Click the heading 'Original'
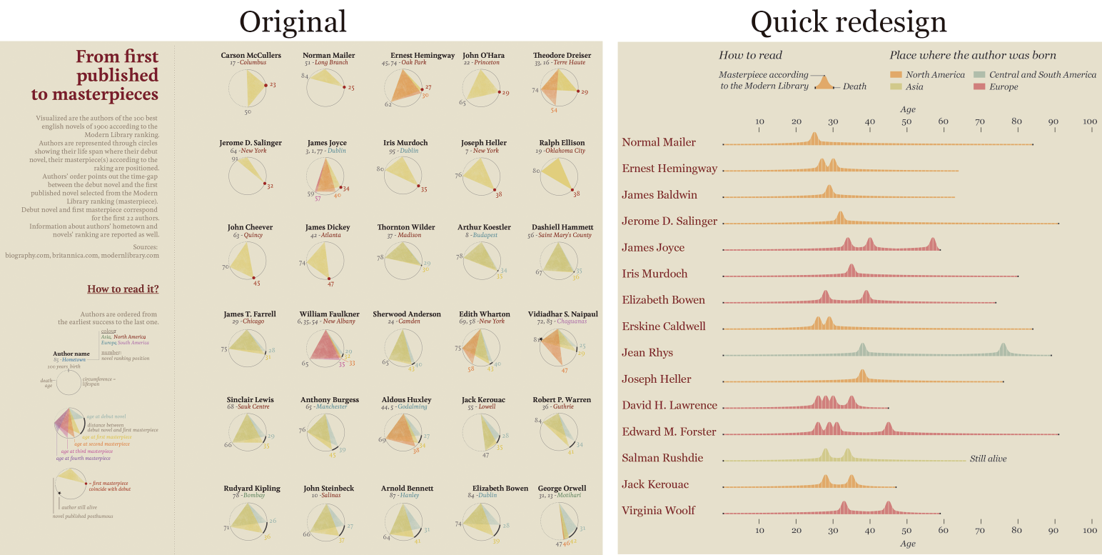coord(293,21)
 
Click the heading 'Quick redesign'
coord(849,21)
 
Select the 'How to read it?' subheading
coord(123,289)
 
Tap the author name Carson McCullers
coord(251,55)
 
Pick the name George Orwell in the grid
coord(562,489)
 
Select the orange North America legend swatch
coord(896,75)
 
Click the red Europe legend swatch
coord(979,87)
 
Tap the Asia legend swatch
coord(896,87)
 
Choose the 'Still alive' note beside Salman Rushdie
coord(988,459)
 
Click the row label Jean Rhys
coord(647,353)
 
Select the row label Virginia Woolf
coord(658,511)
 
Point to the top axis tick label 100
coord(1089,122)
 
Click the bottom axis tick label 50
coord(906,530)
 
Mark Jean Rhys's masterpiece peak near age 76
coord(1003,349)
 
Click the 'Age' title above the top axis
coord(907,110)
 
